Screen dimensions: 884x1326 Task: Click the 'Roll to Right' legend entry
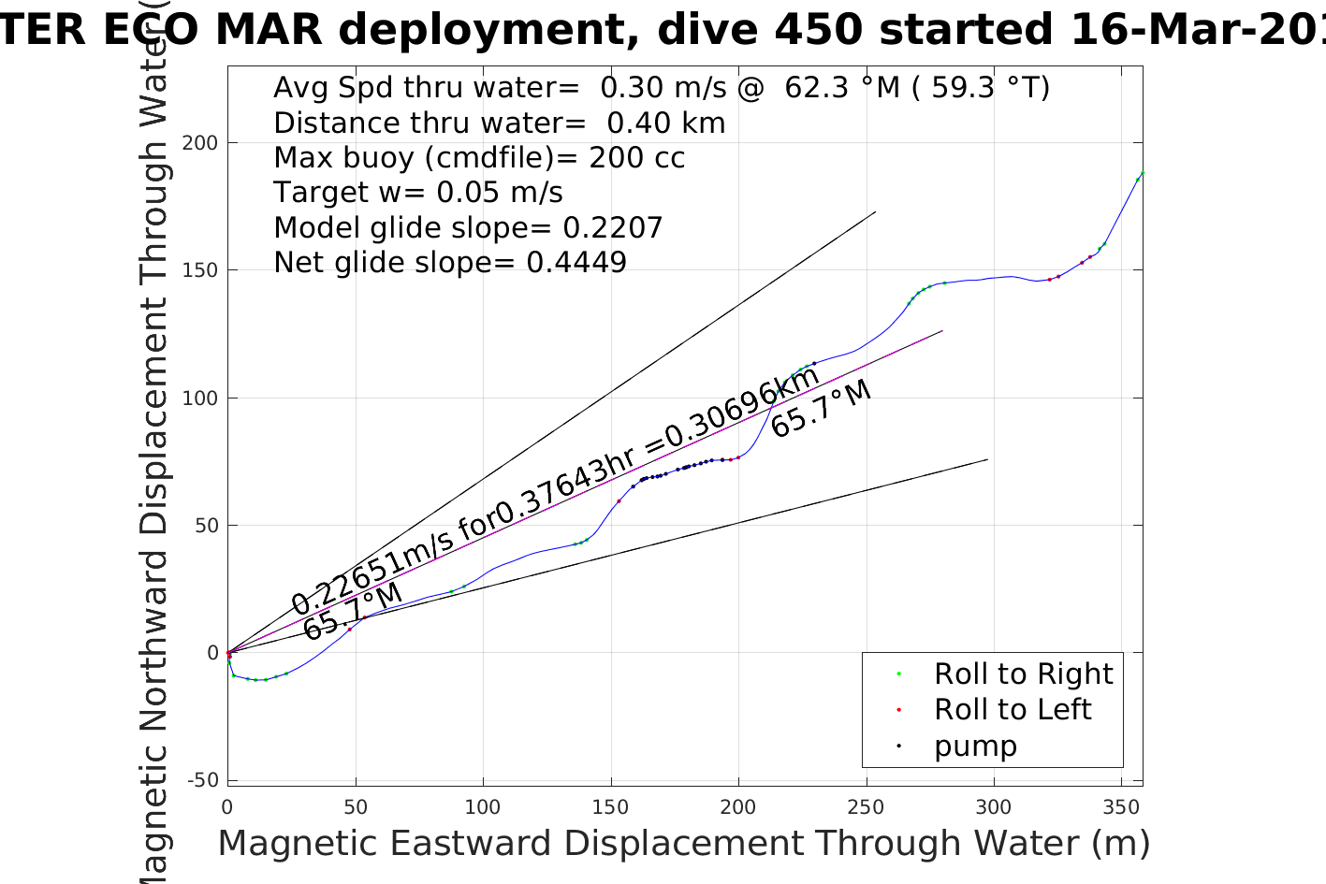click(x=1023, y=674)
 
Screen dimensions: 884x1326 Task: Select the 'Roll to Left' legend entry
click(x=1012, y=710)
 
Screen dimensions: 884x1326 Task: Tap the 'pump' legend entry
click(x=974, y=746)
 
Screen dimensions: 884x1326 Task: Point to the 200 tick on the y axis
click(x=200, y=143)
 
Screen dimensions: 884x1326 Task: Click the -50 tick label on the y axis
click(x=203, y=780)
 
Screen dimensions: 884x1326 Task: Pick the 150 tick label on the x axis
click(x=610, y=807)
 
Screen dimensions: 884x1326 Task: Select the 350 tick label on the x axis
click(x=1120, y=807)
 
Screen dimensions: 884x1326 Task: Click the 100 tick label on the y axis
click(x=200, y=399)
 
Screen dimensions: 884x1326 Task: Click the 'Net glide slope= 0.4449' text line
click(x=449, y=263)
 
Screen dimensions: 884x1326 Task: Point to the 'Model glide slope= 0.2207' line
click(x=468, y=228)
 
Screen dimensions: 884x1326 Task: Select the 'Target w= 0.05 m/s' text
click(x=417, y=193)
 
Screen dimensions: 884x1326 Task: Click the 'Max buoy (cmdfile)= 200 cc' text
click(x=479, y=158)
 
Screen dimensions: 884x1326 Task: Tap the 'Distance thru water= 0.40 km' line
click(x=499, y=123)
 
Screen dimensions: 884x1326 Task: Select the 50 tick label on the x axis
click(x=355, y=807)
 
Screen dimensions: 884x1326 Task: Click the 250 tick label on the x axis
click(x=866, y=807)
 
